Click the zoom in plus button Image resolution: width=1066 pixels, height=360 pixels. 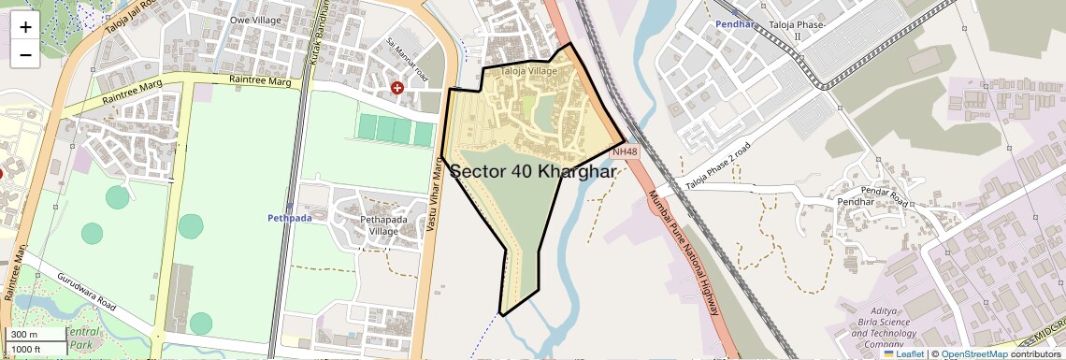pyautogui.click(x=25, y=27)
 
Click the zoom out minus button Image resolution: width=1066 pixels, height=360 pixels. pyautogui.click(x=25, y=54)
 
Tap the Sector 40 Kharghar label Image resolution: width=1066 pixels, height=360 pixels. pyautogui.click(x=534, y=172)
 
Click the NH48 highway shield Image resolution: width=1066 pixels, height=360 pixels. pyautogui.click(x=625, y=151)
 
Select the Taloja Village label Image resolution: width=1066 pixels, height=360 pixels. pyautogui.click(x=529, y=71)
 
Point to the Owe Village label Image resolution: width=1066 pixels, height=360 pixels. pyautogui.click(x=254, y=19)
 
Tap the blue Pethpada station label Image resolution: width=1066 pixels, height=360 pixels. pyautogui.click(x=287, y=218)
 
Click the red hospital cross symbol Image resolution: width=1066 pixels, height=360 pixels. pyautogui.click(x=397, y=87)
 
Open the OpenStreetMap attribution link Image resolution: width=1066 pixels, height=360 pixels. pyautogui.click(x=973, y=353)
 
